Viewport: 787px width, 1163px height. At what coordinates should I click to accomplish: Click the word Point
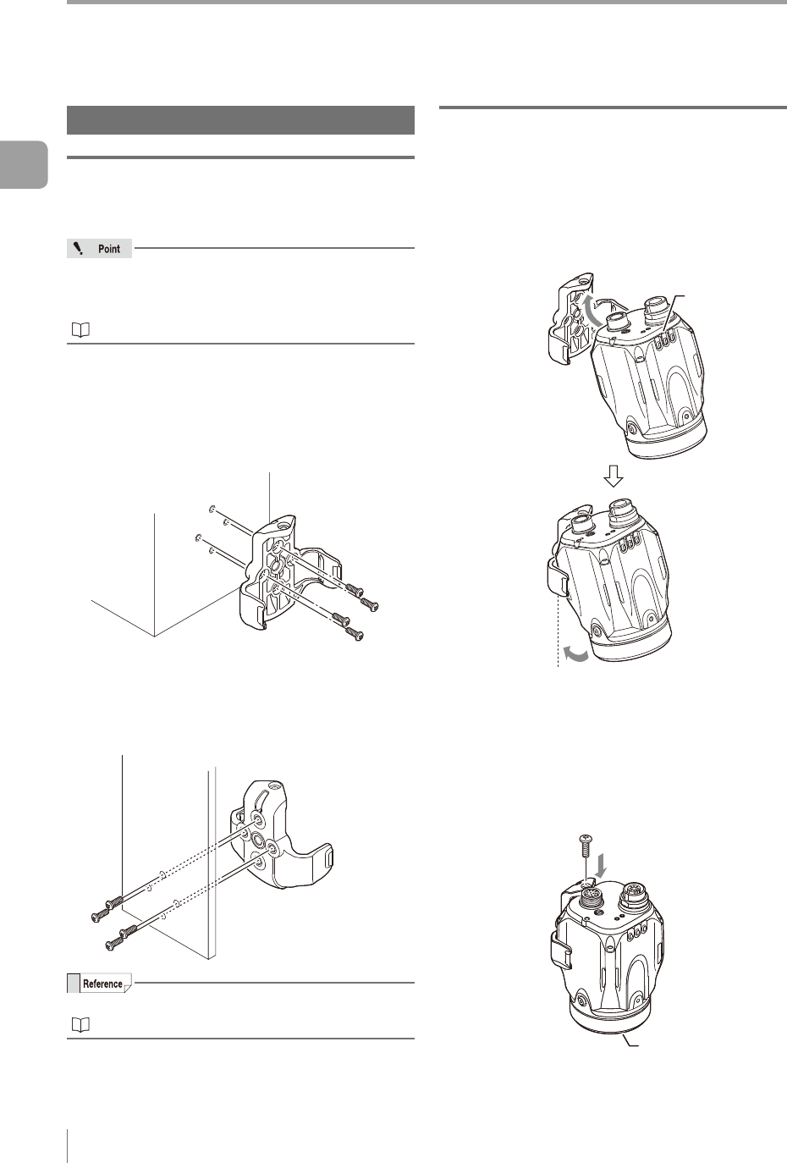tap(109, 249)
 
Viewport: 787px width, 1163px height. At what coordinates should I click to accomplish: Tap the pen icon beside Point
tap(78, 248)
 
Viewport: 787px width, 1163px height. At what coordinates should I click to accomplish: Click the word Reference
tap(102, 984)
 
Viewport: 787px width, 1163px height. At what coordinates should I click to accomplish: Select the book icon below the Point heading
tap(80, 330)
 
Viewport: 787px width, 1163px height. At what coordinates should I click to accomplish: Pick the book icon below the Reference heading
tap(80, 1024)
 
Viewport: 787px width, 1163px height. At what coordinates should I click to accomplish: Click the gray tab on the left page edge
tap(24, 164)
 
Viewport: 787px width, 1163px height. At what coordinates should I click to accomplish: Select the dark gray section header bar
tap(240, 120)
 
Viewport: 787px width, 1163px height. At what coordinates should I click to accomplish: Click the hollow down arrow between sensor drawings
tap(613, 475)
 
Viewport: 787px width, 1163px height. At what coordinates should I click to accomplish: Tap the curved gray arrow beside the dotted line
tap(577, 656)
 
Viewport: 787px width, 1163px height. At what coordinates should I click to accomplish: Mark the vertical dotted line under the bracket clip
tap(558, 631)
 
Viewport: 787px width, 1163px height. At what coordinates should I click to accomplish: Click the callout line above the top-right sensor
tap(675, 311)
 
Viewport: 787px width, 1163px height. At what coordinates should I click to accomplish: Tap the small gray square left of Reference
tap(73, 984)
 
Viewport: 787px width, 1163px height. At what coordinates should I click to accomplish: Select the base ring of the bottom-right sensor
tap(609, 1018)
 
